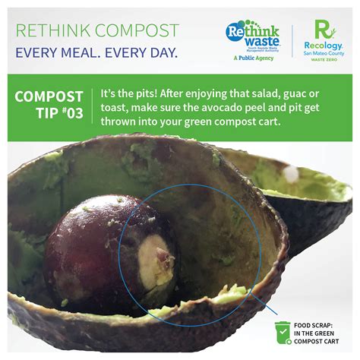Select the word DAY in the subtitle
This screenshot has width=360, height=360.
pyautogui.click(x=161, y=54)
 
